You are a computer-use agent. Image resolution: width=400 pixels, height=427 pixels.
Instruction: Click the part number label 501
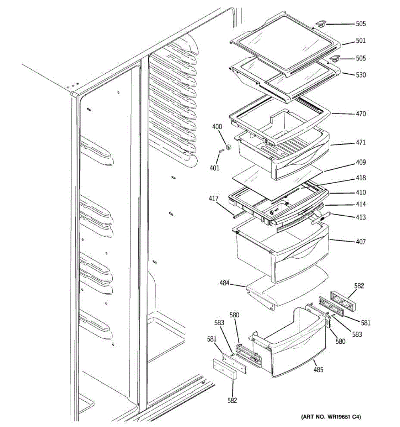tap(361, 41)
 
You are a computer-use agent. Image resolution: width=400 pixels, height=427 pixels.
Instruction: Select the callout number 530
tap(361, 75)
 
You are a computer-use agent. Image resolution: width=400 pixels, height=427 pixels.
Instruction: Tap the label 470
tap(361, 114)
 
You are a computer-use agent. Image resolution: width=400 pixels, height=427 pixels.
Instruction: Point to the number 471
tap(361, 143)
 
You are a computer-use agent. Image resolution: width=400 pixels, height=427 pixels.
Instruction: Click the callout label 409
tap(361, 163)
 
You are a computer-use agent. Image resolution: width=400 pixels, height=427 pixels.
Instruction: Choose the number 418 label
tap(361, 178)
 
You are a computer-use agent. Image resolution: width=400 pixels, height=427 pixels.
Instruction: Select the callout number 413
tap(361, 217)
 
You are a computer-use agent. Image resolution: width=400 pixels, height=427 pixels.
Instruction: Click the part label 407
tap(361, 242)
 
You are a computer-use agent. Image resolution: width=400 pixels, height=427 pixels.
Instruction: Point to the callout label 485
tap(318, 370)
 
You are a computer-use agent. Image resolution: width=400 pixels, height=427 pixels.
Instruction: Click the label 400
tap(217, 127)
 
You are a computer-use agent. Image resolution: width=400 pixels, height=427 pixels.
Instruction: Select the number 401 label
tap(214, 168)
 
